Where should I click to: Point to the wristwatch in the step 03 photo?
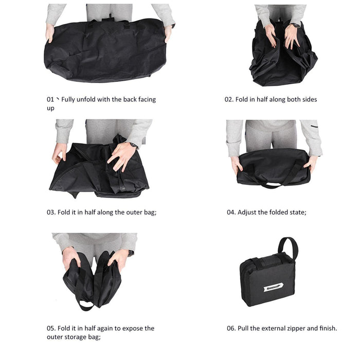coord(133,146)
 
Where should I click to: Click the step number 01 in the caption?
coord(50,99)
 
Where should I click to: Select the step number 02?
coord(229,99)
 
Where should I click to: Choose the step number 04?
coord(231,212)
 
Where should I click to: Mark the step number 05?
coord(50,328)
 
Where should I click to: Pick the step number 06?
coord(231,328)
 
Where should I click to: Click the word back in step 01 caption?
coord(131,99)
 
